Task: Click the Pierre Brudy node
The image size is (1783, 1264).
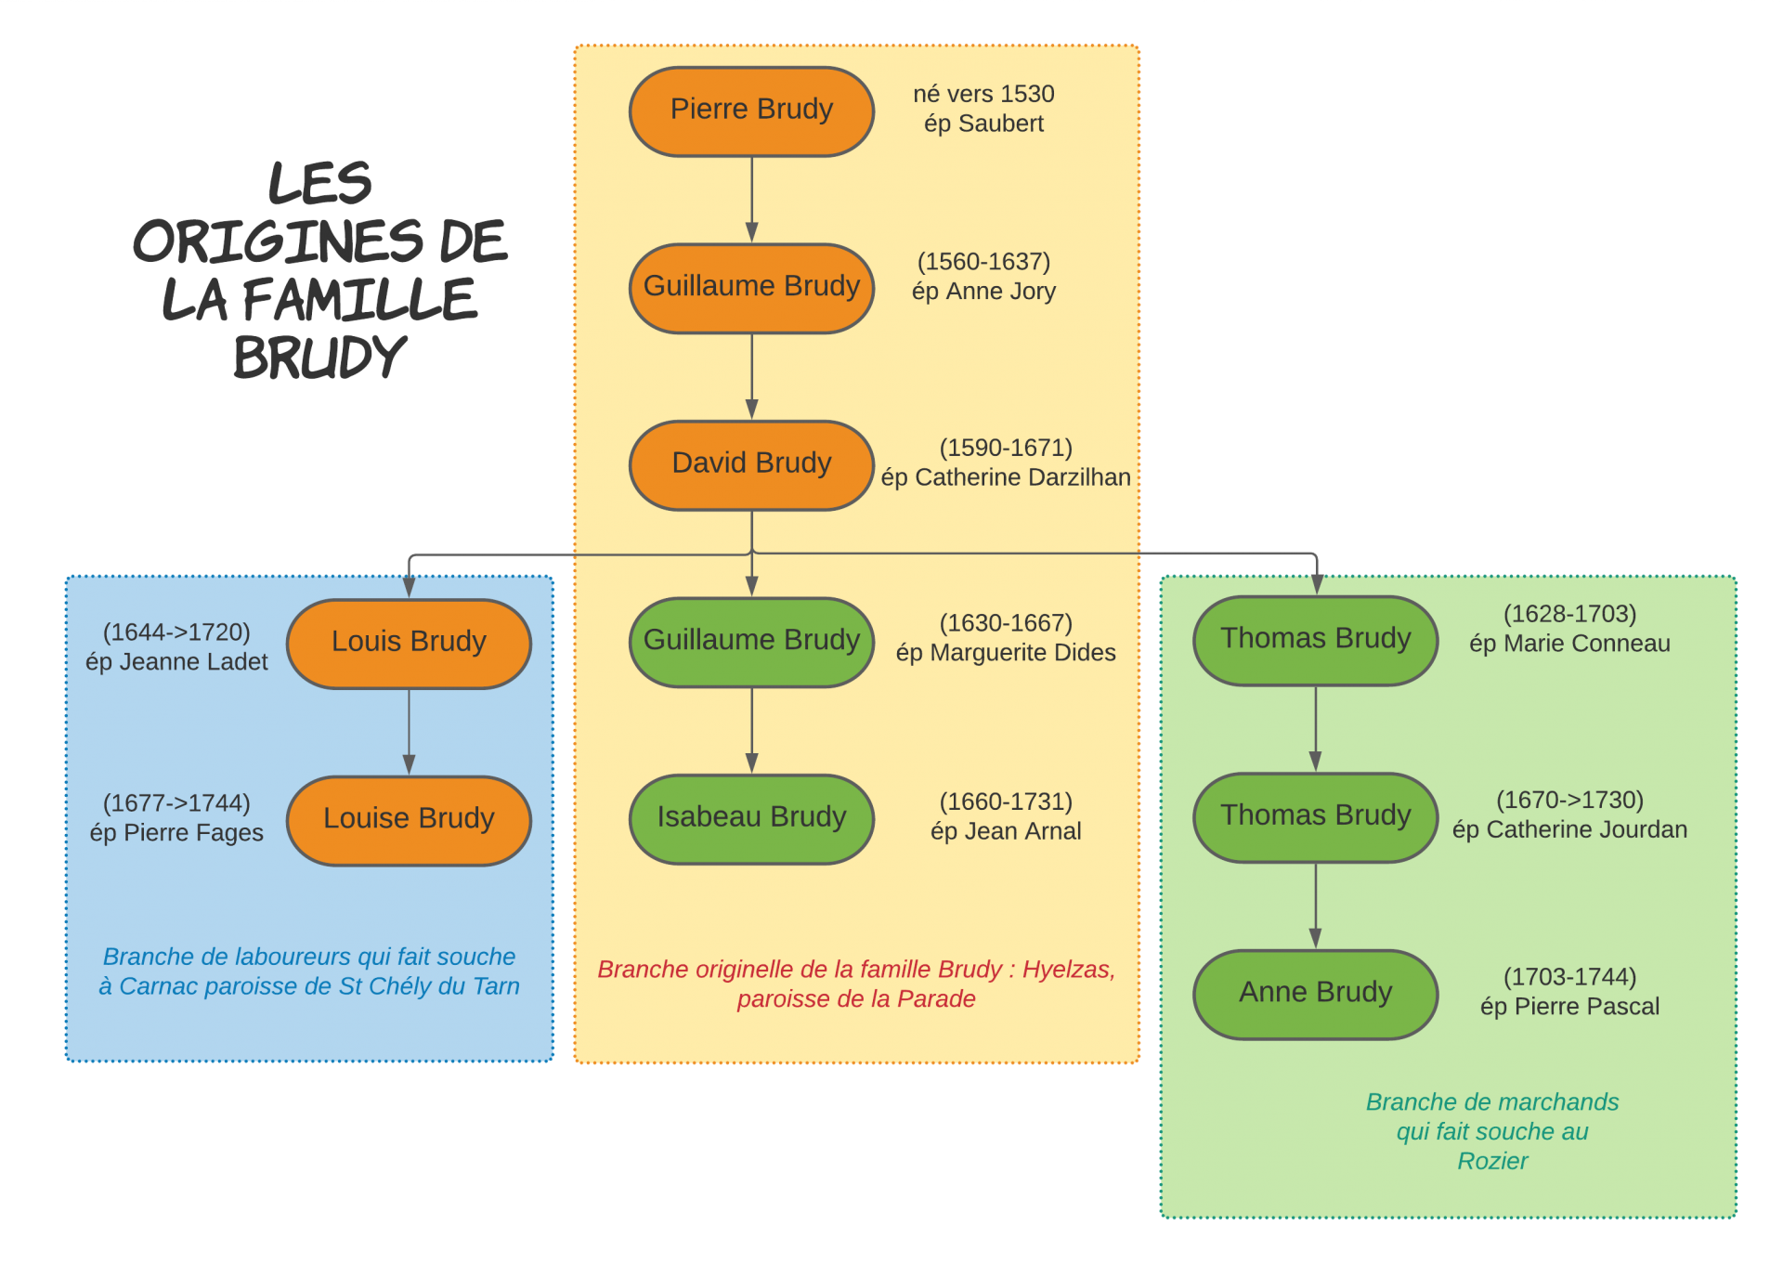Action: point(751,111)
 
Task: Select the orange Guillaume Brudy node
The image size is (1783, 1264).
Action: point(751,287)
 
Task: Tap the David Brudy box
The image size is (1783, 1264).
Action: point(751,464)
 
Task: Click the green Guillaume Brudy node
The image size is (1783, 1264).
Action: point(751,641)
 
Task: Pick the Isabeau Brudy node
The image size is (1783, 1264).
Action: point(751,818)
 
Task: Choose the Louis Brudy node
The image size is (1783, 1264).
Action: point(409,643)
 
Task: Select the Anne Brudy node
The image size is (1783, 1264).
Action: point(1315,994)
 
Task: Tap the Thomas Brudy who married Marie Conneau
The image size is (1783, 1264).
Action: point(1315,640)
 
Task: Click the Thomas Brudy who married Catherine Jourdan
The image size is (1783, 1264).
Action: point(1315,816)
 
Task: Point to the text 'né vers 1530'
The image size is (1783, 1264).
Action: point(983,94)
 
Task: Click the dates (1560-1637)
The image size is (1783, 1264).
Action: point(983,262)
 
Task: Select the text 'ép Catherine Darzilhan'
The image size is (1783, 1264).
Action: point(1006,477)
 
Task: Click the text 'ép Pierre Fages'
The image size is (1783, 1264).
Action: point(176,833)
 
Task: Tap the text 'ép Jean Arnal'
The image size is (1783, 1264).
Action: point(1006,831)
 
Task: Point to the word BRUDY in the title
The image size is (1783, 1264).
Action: point(319,358)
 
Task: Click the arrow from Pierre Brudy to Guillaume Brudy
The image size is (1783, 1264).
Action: point(751,200)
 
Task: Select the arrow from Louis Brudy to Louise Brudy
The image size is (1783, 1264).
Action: point(409,732)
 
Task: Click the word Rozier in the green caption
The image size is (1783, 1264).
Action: point(1491,1161)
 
